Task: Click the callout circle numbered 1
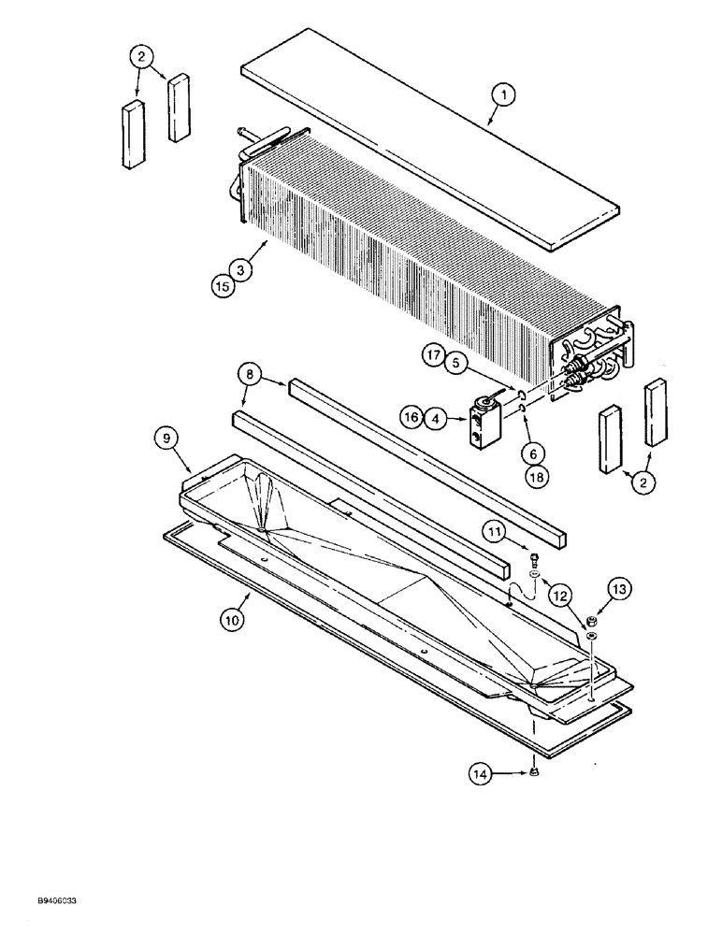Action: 503,93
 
